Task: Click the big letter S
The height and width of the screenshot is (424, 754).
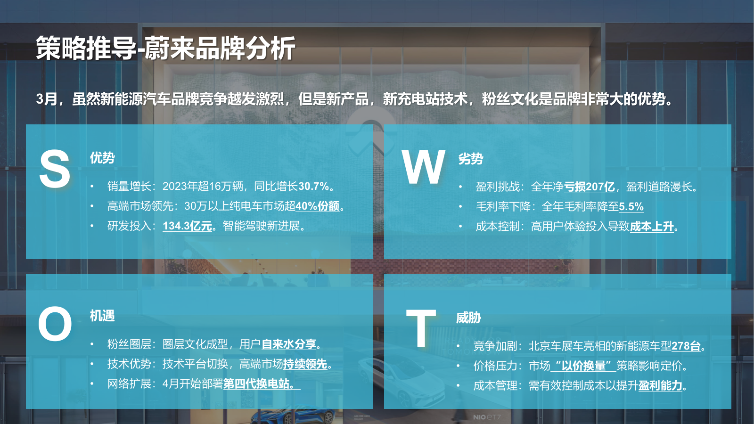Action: click(55, 169)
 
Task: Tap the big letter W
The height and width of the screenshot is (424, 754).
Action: click(423, 167)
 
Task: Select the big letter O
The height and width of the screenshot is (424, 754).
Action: click(55, 324)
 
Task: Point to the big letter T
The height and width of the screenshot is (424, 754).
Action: click(421, 328)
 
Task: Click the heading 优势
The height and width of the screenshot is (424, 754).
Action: click(102, 158)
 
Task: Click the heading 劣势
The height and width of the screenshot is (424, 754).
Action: click(471, 159)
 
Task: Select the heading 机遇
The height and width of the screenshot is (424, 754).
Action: click(102, 316)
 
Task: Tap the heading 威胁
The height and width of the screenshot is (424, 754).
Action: click(468, 318)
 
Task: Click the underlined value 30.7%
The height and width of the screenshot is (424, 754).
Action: click(313, 187)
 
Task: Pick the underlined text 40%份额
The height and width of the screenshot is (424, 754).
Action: click(317, 206)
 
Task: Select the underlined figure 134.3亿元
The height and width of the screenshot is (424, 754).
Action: click(187, 226)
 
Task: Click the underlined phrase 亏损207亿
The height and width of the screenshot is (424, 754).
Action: click(589, 187)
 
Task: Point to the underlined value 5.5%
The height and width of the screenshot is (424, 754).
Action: click(631, 207)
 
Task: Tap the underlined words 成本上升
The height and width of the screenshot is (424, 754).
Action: click(652, 227)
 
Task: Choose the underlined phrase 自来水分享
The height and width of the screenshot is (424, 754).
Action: click(288, 344)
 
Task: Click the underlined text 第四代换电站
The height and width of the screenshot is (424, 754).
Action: click(259, 384)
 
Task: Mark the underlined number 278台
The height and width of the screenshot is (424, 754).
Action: click(686, 346)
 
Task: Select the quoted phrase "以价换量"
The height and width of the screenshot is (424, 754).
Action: click(583, 366)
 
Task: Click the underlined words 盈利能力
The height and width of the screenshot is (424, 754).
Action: click(660, 386)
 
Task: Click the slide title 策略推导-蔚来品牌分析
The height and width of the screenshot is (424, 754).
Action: click(165, 48)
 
